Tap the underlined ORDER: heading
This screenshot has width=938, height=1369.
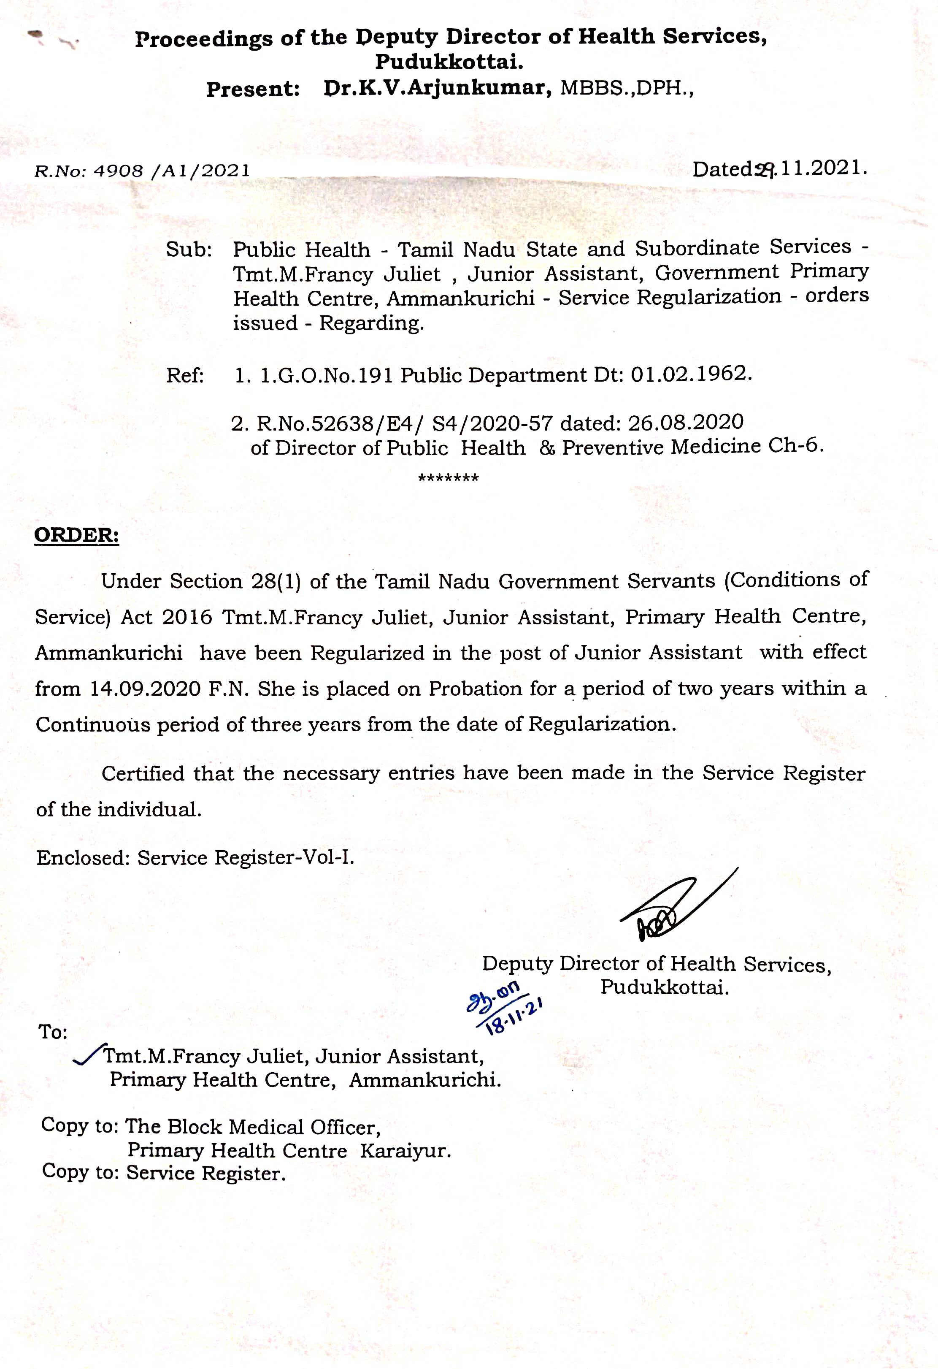[76, 535]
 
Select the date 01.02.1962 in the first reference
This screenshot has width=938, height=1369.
[691, 374]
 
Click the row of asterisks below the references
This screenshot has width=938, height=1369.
[448, 478]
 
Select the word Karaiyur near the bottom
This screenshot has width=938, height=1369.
[405, 1150]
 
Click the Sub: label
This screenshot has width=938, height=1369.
[189, 250]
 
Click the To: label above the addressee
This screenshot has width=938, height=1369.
[53, 1031]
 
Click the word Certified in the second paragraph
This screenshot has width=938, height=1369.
[143, 773]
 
